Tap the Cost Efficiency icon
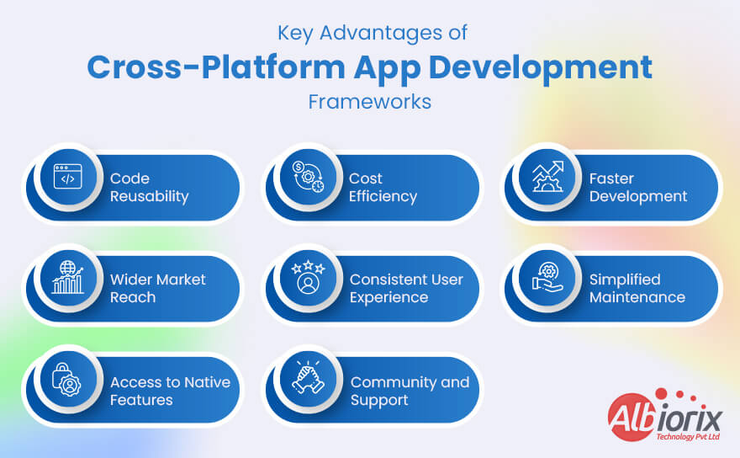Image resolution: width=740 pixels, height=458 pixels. [306, 178]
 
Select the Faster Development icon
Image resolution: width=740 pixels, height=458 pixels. [546, 178]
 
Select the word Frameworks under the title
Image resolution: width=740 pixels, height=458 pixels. [369, 102]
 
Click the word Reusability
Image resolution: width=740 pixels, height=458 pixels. [149, 196]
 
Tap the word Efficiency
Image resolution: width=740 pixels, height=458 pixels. [383, 196]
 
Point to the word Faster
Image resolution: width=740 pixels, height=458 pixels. [611, 178]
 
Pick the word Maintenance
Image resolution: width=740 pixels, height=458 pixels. [637, 297]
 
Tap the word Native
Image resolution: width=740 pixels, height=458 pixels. [208, 382]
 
